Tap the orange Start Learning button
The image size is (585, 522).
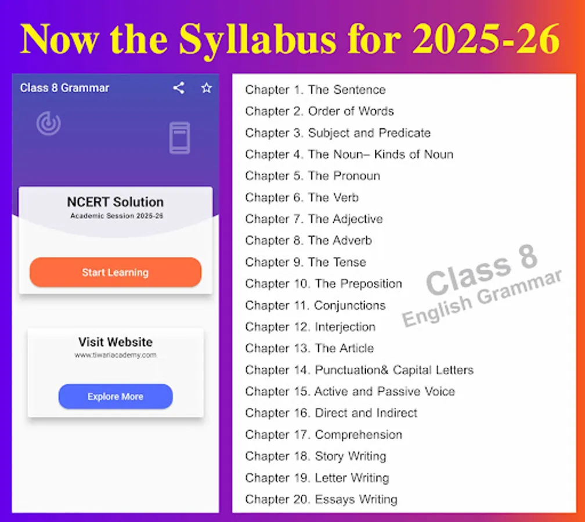click(x=115, y=272)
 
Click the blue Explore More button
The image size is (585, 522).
click(x=115, y=396)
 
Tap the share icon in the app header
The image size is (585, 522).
click(x=179, y=88)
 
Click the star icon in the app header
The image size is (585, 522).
click(x=207, y=88)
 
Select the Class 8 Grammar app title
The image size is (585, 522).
click(x=64, y=88)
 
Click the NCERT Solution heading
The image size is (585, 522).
click(x=115, y=202)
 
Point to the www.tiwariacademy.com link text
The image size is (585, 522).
click(x=115, y=355)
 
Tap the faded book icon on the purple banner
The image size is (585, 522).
click(x=180, y=138)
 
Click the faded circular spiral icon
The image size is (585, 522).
click(x=49, y=124)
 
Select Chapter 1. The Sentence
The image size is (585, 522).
click(x=315, y=90)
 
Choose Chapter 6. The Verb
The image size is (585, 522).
click(x=302, y=198)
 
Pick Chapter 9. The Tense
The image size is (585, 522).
click(x=305, y=263)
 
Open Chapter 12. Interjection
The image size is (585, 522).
click(x=310, y=327)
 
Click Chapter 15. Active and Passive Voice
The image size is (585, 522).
click(x=350, y=391)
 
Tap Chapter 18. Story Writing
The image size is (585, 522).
click(x=316, y=456)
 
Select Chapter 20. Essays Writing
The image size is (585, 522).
click(x=322, y=499)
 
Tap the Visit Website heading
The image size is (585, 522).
click(x=115, y=342)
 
